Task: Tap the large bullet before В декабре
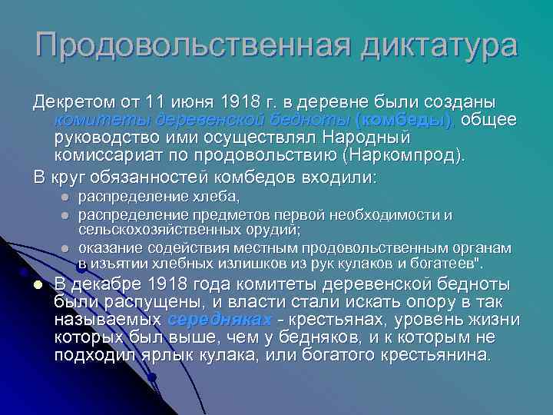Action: click(x=37, y=284)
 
